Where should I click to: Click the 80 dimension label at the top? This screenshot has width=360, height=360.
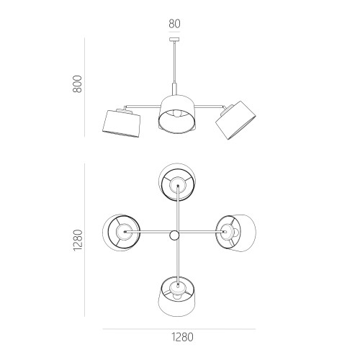174,24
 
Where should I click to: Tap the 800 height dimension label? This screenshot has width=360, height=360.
77,84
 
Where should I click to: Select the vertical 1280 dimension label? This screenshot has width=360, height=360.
78,240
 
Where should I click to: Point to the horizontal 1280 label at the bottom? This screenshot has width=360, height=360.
182,337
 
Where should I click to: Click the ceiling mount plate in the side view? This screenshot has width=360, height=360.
174,40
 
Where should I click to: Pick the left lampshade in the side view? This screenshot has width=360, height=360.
122,124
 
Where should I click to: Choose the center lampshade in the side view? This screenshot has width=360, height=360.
177,114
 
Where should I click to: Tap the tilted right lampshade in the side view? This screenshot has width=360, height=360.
235,120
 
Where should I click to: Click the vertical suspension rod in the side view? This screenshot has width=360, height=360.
174,63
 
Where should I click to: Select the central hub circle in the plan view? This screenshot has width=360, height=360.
174,235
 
